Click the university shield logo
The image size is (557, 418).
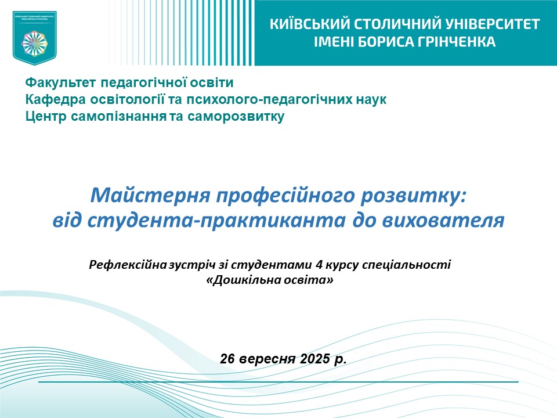pos(35,37)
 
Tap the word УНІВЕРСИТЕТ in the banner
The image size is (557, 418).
pos(493,24)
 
